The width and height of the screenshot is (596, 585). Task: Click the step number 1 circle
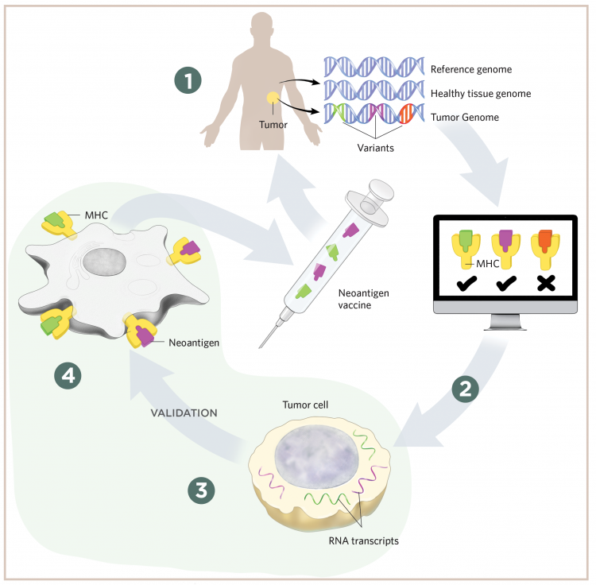[188, 80]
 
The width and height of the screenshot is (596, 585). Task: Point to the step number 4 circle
[69, 375]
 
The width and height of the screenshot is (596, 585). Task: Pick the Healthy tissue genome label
[480, 94]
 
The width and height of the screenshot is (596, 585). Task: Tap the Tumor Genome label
[466, 118]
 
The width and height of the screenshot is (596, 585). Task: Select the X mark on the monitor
[545, 283]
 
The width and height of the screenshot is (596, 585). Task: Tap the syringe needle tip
[262, 346]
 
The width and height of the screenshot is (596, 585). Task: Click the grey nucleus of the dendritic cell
[106, 262]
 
